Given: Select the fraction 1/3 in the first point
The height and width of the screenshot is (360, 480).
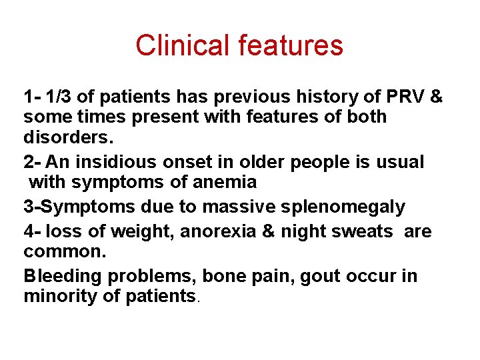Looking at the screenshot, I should coord(61,97).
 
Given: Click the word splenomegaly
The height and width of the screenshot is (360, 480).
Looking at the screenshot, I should coord(341,207).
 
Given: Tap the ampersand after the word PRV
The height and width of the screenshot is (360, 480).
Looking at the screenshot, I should coord(436,97).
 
